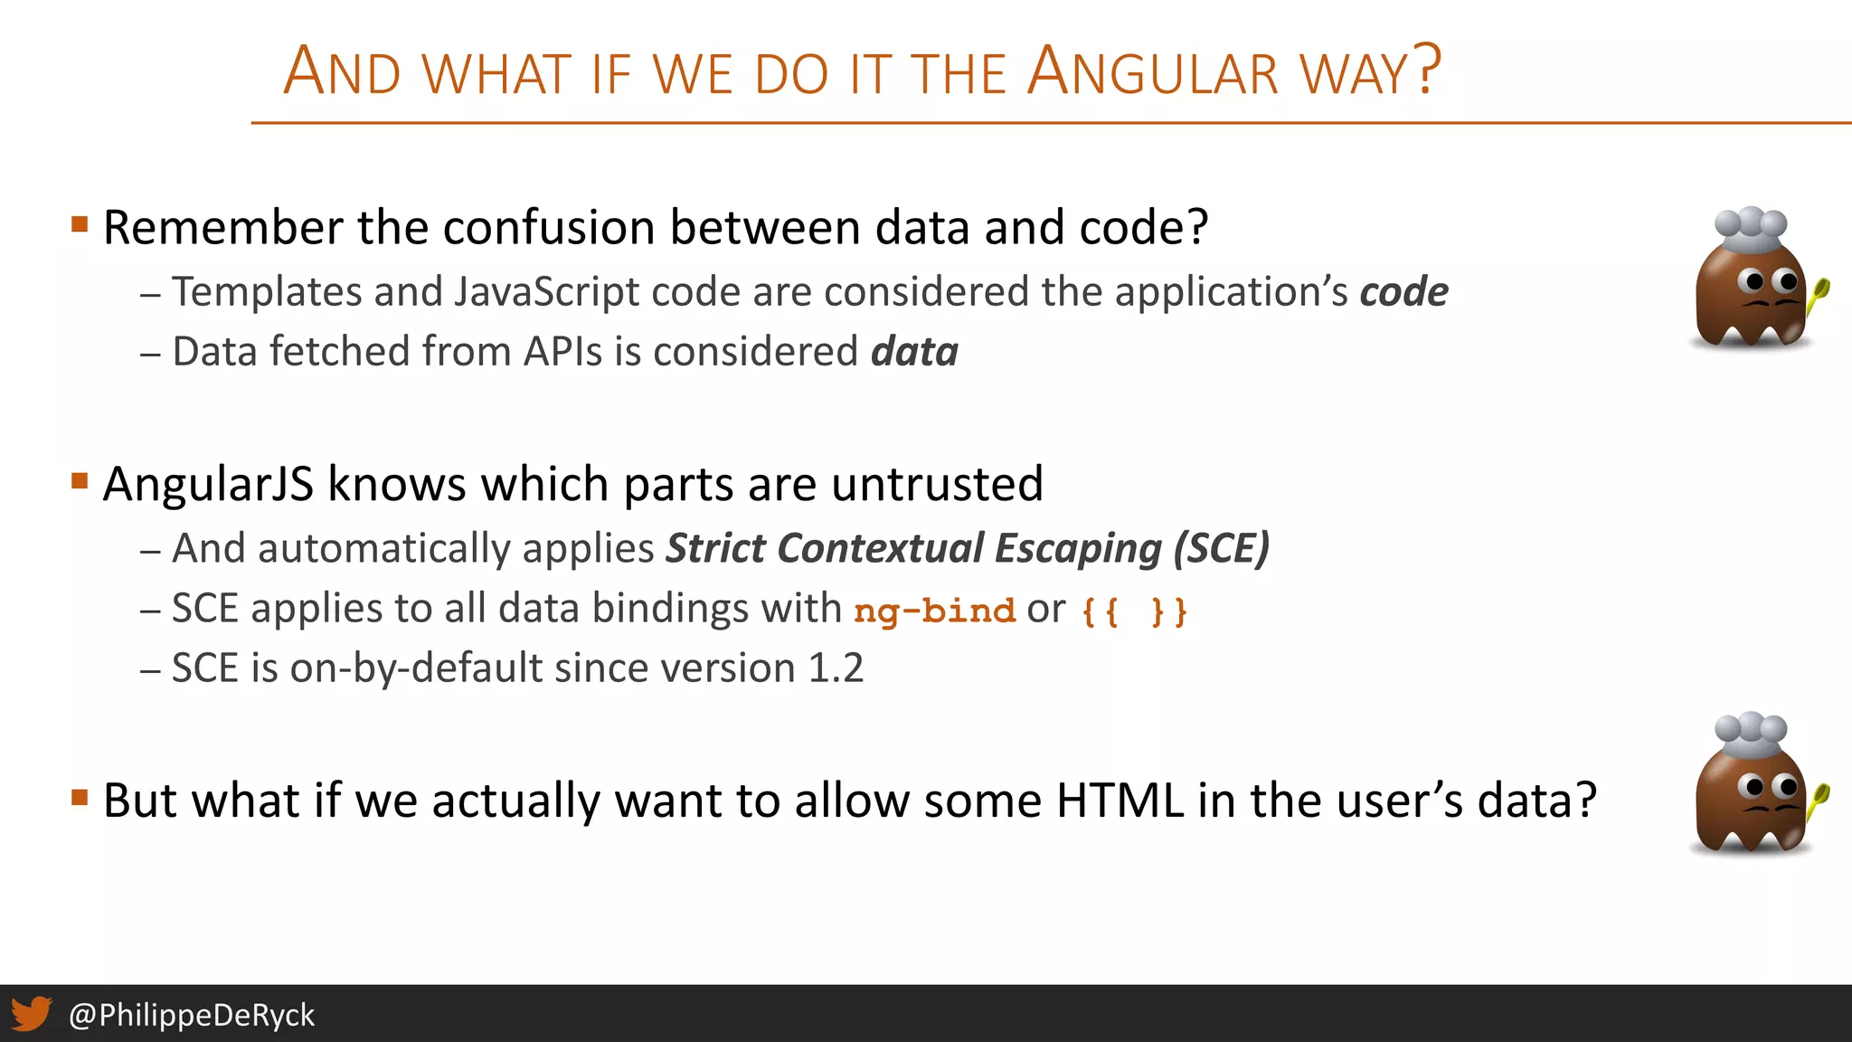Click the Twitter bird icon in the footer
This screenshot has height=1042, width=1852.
[32, 1014]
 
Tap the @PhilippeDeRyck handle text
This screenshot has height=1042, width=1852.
[192, 1015]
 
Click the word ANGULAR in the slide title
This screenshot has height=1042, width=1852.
[1154, 72]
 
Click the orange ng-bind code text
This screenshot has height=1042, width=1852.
[934, 611]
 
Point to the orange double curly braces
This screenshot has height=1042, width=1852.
[1134, 612]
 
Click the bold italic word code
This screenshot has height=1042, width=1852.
[1403, 292]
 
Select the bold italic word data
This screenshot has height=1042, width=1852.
[914, 352]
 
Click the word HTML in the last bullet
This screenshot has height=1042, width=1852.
[1120, 800]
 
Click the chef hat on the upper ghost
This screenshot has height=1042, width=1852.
[1751, 229]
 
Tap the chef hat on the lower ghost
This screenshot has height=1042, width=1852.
[1751, 734]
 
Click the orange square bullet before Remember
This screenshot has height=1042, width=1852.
[80, 223]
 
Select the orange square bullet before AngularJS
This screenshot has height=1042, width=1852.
[80, 480]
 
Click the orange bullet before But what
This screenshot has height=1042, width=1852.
[80, 797]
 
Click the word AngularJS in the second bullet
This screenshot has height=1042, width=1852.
[208, 484]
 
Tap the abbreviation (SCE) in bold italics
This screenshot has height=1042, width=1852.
[1222, 549]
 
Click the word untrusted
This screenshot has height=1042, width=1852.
[937, 484]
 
